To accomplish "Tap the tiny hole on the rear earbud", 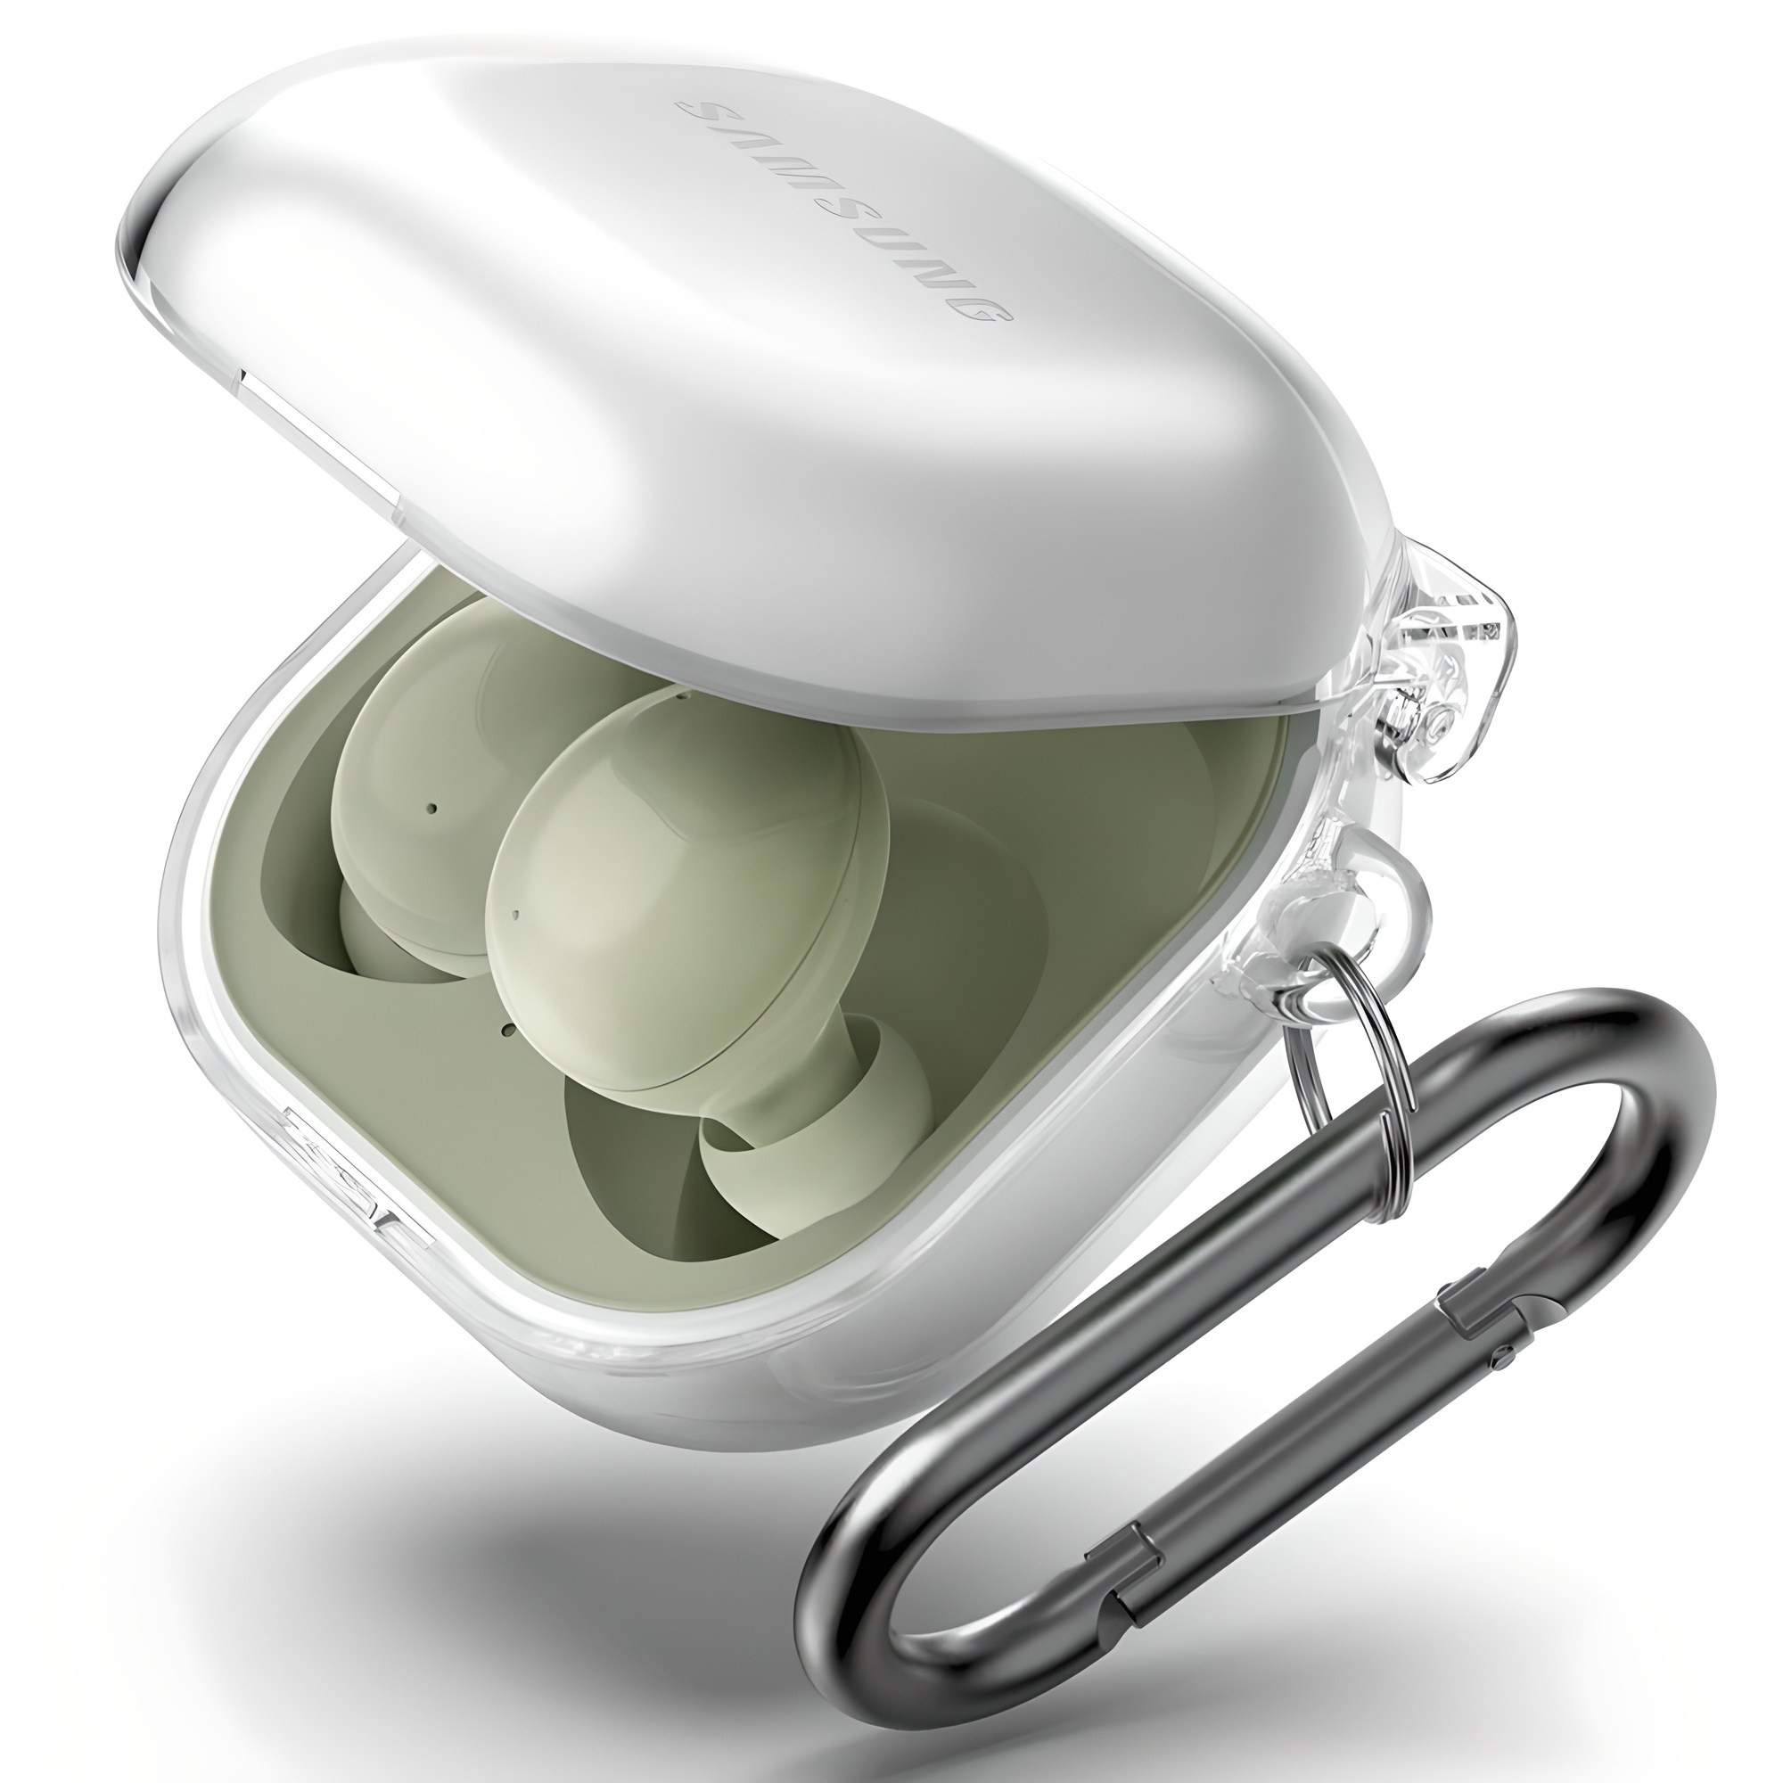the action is [x=433, y=809].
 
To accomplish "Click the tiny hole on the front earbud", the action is [x=515, y=891].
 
